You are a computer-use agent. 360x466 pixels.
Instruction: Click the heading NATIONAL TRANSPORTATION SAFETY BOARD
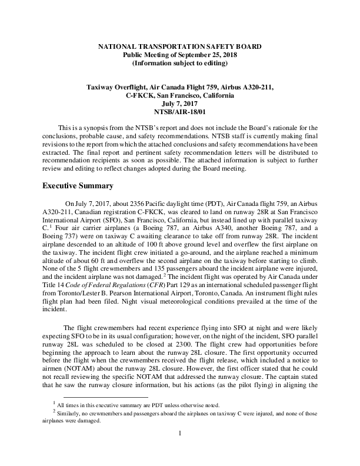click(x=180, y=45)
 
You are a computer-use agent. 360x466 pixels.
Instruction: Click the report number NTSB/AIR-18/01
click(x=180, y=111)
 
